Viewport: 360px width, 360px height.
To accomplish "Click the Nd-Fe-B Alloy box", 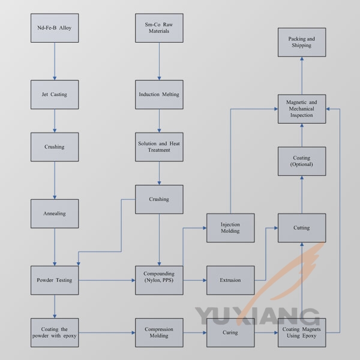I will [55, 28].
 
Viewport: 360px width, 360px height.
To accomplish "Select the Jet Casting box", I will [55, 94].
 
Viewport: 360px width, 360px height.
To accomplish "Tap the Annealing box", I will [55, 214].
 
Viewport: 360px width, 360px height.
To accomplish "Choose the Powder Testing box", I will [55, 280].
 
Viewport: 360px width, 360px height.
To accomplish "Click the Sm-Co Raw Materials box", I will [159, 28].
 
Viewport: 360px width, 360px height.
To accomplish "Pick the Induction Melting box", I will [159, 94].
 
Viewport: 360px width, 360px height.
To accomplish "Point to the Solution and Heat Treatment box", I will [159, 147].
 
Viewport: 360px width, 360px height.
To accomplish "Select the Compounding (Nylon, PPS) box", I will [159, 280].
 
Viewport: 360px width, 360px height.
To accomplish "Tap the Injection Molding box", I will [230, 228].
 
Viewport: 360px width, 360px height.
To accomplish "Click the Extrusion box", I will [230, 280].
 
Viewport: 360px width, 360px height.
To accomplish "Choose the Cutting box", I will [302, 228].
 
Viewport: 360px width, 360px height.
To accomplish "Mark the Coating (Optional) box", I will [302, 161].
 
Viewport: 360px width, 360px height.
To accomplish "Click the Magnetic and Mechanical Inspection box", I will [302, 109].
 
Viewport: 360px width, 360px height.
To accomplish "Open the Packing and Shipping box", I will [302, 42].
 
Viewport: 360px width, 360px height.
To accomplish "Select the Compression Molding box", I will [159, 332].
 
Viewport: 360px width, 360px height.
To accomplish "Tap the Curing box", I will [230, 332].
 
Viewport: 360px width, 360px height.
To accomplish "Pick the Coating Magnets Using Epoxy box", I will [302, 332].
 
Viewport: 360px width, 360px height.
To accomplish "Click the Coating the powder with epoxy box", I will [55, 332].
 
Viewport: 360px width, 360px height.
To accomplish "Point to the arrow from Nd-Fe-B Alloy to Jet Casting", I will [55, 61].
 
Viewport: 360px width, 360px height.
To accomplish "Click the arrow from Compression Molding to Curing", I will [194, 332].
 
